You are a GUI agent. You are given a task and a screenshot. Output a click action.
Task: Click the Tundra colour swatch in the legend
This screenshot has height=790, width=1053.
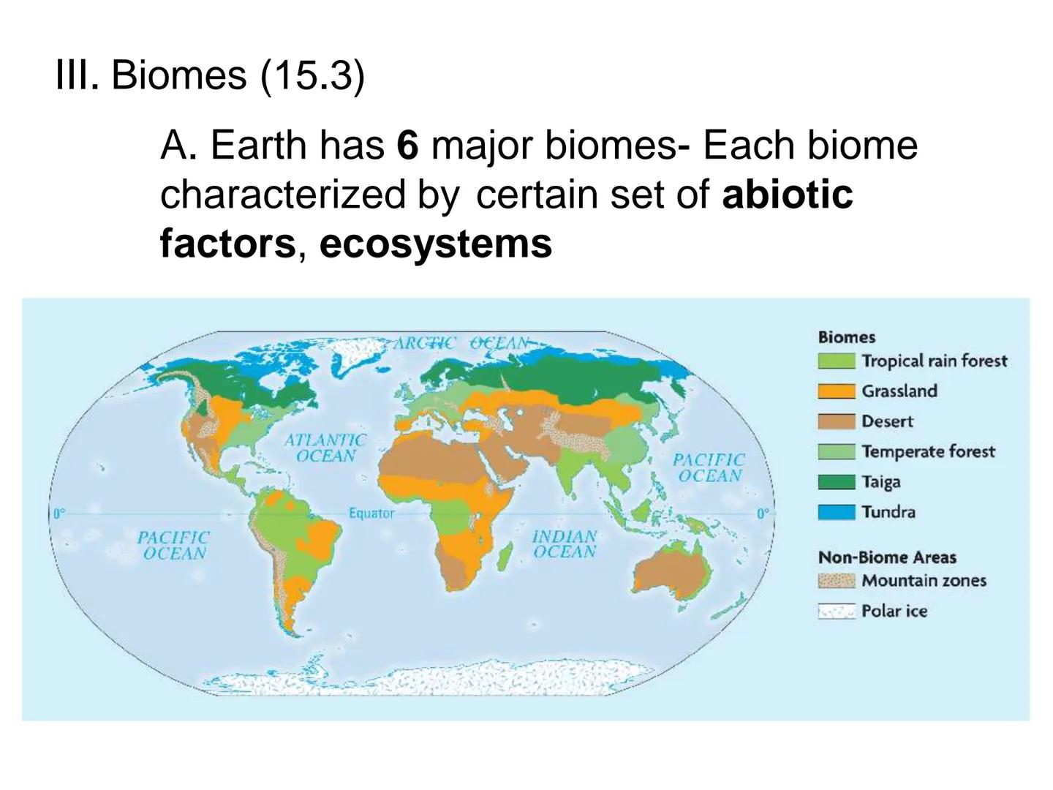[x=836, y=511]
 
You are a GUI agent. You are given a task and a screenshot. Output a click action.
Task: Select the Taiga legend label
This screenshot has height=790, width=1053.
[x=880, y=481]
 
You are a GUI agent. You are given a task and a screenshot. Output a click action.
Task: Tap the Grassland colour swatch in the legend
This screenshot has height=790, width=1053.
[x=836, y=391]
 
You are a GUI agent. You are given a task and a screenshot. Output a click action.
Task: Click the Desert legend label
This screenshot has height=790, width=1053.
[x=887, y=421]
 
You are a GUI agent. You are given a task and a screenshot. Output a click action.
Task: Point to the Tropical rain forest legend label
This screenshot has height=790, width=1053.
[x=934, y=361]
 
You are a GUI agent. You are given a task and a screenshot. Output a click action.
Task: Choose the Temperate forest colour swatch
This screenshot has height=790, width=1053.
[x=836, y=451]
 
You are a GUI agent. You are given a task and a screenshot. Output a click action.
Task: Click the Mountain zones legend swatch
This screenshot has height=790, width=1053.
[x=836, y=581]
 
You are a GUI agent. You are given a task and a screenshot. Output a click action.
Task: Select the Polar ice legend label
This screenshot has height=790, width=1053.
[x=894, y=611]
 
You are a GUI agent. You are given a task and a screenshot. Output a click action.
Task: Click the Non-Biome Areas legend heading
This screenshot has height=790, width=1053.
[x=886, y=557]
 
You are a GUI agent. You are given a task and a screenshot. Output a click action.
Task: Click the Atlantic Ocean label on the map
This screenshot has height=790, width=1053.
[x=325, y=448]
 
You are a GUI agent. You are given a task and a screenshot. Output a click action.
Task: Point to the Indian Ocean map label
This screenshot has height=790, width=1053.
[x=564, y=544]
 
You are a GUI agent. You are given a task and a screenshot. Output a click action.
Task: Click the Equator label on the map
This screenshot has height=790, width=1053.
[x=371, y=513]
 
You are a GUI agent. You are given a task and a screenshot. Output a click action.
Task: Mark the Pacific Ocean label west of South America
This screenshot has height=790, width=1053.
[x=173, y=546]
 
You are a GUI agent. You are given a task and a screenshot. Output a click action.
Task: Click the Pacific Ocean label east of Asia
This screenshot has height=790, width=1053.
[x=709, y=467]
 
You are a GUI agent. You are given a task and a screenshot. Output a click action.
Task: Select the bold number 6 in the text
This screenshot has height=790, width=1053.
[x=407, y=145]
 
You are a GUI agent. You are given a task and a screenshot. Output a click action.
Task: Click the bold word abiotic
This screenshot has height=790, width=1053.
[x=787, y=195]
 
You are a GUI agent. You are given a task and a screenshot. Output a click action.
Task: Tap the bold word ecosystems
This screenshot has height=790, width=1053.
[x=435, y=244]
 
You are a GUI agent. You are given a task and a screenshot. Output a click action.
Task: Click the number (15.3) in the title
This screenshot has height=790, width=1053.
[x=311, y=75]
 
